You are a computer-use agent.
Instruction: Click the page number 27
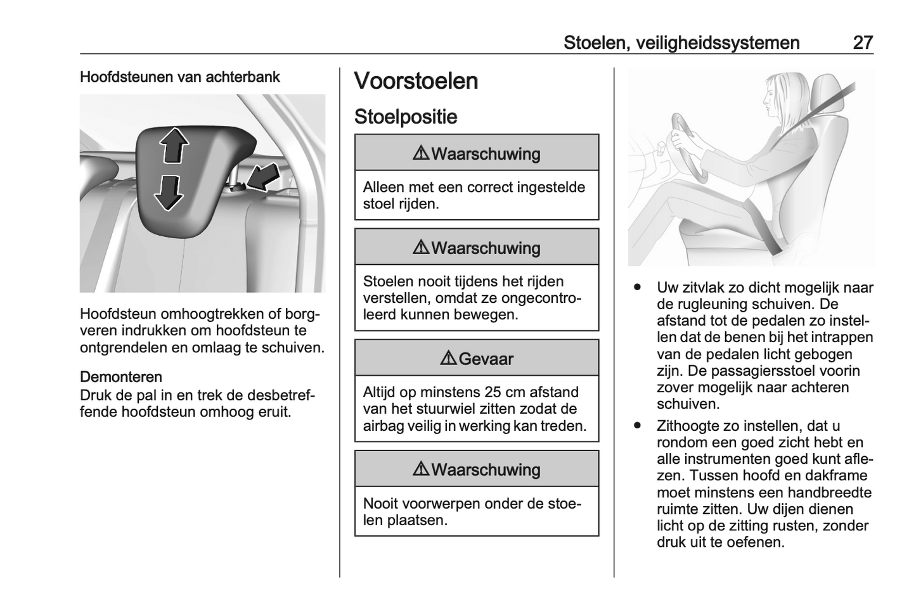pos(863,43)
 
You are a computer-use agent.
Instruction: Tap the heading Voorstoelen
pos(416,82)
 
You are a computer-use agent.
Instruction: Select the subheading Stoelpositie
pos(405,117)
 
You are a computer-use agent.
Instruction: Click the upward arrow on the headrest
pos(173,145)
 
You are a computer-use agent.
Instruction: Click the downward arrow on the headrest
pos(169,192)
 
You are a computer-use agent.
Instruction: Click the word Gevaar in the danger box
pos(486,359)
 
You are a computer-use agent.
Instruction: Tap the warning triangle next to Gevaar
pos(448,359)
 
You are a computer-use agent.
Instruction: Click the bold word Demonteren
pos(121,378)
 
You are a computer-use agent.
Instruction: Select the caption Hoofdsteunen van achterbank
pos(179,77)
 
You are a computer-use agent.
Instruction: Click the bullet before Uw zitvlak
pos(638,288)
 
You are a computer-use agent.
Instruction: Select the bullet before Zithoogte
pos(638,426)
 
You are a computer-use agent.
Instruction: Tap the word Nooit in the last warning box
pos(382,504)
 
